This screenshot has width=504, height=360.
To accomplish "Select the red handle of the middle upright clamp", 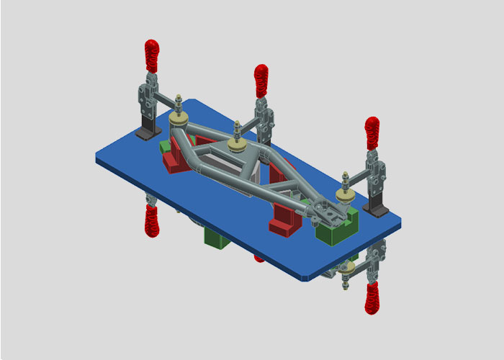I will tap(261, 80).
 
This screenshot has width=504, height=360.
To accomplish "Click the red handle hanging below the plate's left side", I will tap(152, 220).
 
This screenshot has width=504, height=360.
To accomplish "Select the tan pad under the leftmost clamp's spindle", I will tap(179, 117).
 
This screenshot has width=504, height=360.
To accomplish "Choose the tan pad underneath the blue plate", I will tap(348, 268).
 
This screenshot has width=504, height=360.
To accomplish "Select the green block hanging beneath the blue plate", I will tap(217, 238).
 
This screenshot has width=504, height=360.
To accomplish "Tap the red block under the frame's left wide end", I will tap(177, 162).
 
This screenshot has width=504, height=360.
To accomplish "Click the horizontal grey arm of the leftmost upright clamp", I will tap(164, 98).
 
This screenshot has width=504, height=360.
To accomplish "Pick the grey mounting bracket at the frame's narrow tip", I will tap(324, 211).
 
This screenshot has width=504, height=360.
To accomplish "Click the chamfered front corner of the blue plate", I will tap(307, 277).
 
